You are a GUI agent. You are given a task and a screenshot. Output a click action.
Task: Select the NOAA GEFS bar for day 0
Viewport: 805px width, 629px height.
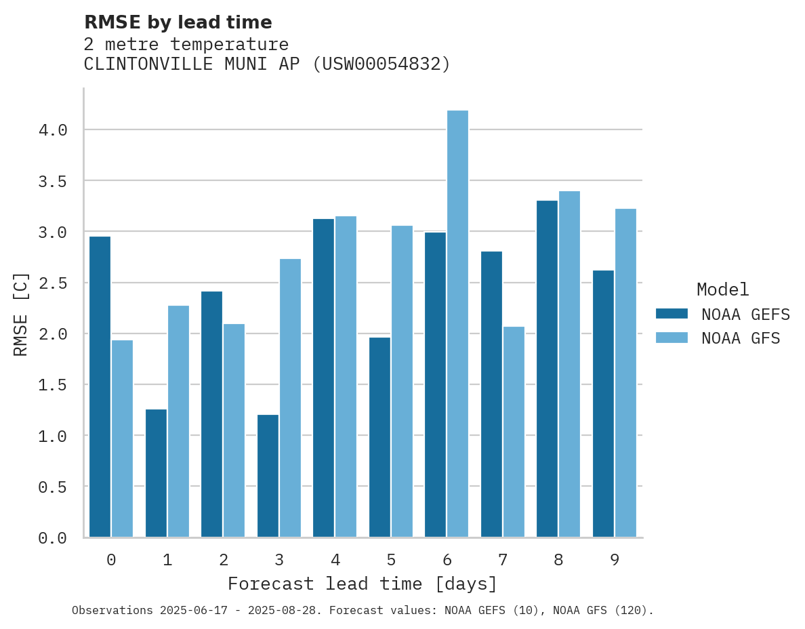click(x=100, y=386)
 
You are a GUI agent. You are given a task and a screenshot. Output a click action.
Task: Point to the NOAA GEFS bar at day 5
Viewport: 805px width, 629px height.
click(x=379, y=437)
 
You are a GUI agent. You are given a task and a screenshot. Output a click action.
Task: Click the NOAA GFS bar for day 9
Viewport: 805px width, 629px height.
click(x=625, y=373)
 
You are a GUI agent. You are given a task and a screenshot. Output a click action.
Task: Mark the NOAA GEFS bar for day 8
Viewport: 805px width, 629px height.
click(x=547, y=369)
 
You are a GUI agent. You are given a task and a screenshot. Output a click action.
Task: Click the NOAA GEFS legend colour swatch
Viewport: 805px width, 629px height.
click(x=672, y=314)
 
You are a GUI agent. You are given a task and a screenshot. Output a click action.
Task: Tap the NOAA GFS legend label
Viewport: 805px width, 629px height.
click(x=741, y=338)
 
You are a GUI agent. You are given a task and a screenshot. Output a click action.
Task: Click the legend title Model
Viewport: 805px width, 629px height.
click(x=722, y=289)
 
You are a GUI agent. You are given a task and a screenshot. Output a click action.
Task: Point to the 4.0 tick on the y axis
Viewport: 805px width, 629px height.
click(x=53, y=130)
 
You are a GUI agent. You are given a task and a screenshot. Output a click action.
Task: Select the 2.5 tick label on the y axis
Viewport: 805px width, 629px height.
click(x=53, y=283)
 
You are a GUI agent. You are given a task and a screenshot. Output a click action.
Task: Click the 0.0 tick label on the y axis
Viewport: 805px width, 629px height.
click(x=53, y=538)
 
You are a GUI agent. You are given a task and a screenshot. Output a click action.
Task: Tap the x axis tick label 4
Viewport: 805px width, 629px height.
click(x=335, y=560)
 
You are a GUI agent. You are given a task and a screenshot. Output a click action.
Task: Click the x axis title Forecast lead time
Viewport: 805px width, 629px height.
click(x=362, y=584)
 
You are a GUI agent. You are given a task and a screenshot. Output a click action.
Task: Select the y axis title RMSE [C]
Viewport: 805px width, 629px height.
click(x=21, y=314)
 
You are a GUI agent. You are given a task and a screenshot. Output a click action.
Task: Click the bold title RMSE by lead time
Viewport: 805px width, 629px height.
click(x=178, y=22)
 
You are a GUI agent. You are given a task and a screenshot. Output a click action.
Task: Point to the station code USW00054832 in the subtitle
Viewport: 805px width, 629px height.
click(x=381, y=64)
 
